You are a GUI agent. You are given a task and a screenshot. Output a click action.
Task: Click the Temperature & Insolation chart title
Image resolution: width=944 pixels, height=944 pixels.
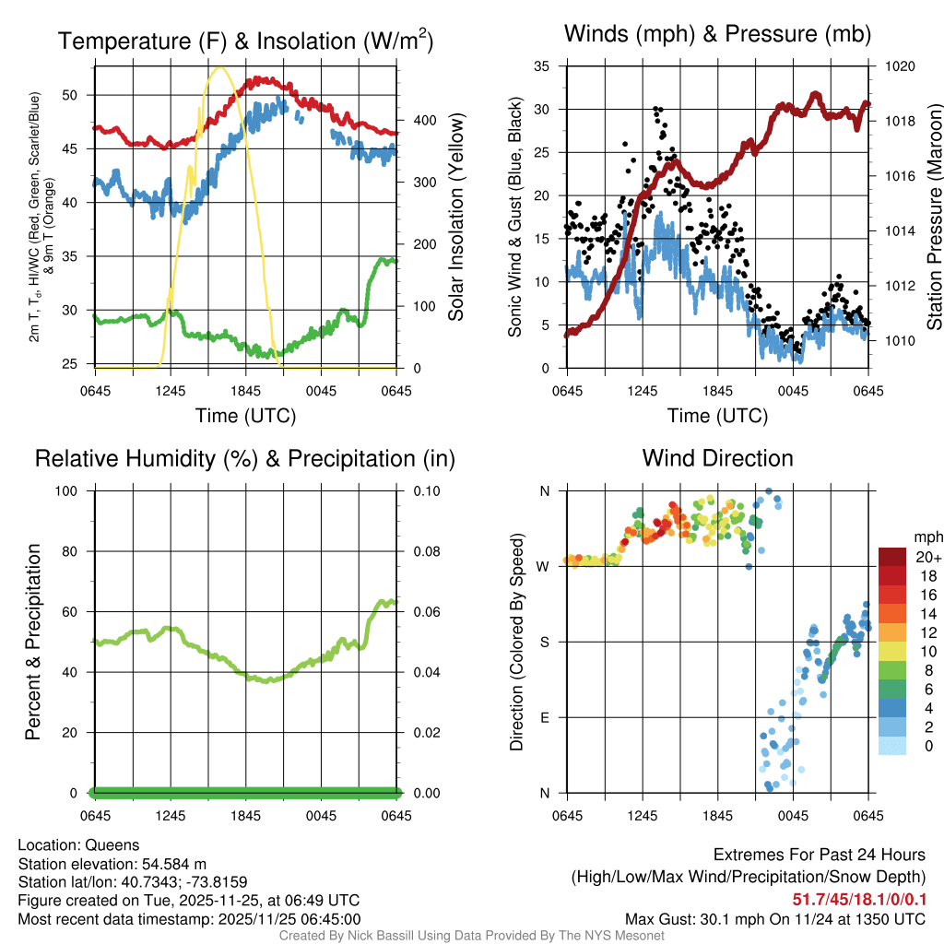pos(245,41)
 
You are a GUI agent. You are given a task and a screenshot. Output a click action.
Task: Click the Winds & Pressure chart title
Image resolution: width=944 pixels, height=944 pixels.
pos(717,34)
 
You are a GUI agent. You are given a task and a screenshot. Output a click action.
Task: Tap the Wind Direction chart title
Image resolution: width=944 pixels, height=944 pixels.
pos(717,458)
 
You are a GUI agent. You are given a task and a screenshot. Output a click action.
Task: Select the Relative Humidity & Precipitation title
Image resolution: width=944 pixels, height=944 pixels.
pos(245,458)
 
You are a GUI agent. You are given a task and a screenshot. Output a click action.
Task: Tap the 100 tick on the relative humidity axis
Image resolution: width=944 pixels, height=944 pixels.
pos(74,490)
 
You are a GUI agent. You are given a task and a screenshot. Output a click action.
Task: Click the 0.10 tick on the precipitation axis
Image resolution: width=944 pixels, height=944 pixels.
pos(424,490)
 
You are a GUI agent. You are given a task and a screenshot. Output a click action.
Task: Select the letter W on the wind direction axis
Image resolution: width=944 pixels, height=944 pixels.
pos(545,566)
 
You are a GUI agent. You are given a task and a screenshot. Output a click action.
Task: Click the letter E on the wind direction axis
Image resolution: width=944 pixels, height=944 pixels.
pos(545,717)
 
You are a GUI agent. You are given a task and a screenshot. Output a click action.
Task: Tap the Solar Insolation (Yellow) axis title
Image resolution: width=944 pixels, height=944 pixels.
pos(455,218)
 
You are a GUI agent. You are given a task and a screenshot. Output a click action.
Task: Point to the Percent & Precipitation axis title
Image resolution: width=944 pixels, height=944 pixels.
pos(31,642)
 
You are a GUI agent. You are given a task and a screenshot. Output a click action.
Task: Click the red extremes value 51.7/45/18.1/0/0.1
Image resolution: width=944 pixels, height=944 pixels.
pos(859,899)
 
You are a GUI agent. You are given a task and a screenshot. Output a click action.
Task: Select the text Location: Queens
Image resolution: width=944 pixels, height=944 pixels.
pos(78,844)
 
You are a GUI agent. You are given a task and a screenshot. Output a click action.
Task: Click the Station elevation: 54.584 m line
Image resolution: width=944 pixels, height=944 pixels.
pos(106,863)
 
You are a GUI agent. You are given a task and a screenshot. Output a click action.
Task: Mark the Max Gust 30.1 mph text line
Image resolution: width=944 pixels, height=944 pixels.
pos(774,918)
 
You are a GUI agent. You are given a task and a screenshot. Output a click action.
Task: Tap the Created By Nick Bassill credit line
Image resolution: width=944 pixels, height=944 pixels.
pos(471,936)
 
